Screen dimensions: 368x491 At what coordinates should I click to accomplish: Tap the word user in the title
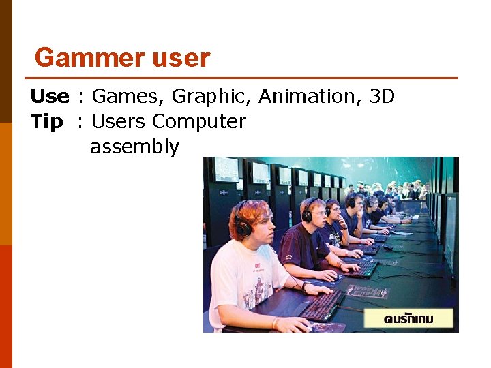tap(181, 58)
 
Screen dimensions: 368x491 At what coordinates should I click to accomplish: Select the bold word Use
tap(49, 97)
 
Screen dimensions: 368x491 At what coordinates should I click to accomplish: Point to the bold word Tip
tap(46, 122)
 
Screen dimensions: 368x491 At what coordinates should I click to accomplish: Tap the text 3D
tap(382, 97)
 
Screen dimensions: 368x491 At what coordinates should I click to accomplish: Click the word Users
tap(119, 122)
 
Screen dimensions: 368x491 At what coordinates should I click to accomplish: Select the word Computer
tap(198, 122)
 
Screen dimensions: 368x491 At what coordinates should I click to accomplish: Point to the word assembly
tap(134, 147)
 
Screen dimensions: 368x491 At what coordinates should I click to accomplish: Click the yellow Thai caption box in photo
tap(408, 318)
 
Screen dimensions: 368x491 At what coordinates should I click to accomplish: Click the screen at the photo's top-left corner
tap(226, 169)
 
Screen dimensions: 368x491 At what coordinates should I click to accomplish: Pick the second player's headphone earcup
tap(307, 215)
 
